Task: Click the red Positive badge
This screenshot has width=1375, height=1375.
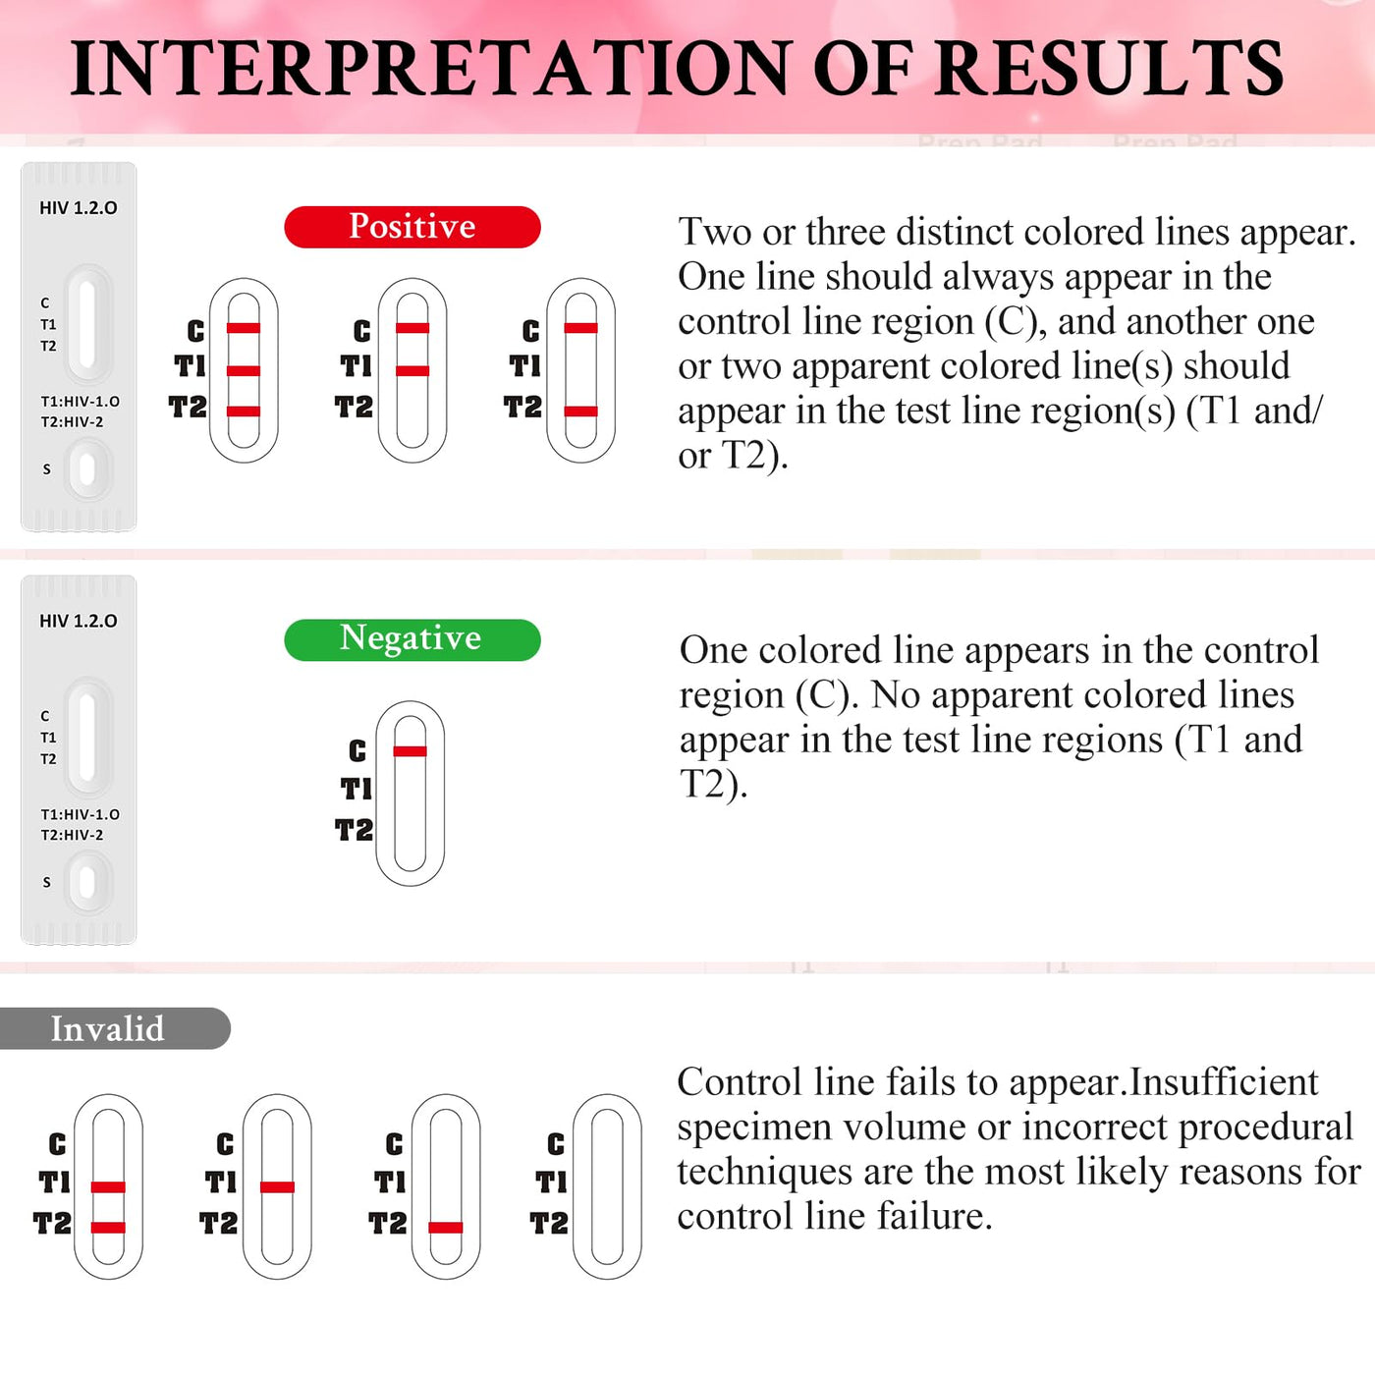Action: [x=412, y=227]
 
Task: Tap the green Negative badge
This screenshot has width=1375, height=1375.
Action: [x=412, y=639]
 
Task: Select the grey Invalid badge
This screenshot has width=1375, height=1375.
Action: [x=114, y=1028]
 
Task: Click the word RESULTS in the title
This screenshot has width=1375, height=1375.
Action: [x=1109, y=69]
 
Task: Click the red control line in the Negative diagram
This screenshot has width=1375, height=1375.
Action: [x=410, y=751]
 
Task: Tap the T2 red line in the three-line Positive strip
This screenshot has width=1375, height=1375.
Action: [x=244, y=411]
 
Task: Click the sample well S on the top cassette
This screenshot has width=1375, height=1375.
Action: [x=87, y=469]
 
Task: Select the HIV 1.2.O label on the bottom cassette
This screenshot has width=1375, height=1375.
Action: [x=79, y=621]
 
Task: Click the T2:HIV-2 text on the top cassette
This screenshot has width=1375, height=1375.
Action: [x=72, y=421]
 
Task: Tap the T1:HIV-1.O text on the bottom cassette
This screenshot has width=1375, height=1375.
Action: [x=80, y=814]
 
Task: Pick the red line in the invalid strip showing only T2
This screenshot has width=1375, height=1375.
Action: [x=445, y=1228]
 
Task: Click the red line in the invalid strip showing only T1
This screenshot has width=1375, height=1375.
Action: [x=277, y=1187]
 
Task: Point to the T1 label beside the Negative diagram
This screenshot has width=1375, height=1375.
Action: [x=357, y=790]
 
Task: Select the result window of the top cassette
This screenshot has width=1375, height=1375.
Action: [x=87, y=323]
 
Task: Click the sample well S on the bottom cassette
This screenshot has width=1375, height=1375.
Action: [x=87, y=883]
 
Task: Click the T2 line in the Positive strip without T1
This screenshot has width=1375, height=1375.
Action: [x=580, y=411]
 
